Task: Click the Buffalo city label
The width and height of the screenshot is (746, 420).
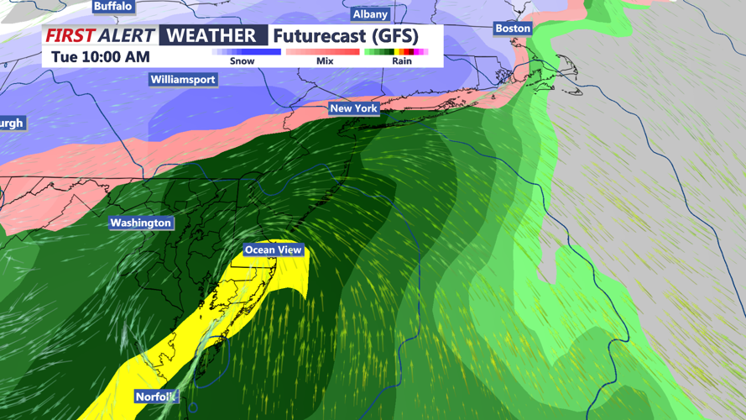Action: (112, 6)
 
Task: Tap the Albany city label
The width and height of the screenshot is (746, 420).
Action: (370, 14)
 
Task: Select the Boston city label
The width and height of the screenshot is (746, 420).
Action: (513, 29)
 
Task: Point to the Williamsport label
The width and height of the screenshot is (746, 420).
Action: (183, 80)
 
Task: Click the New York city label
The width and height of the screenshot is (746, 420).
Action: (353, 108)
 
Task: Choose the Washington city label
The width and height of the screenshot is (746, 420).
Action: (140, 223)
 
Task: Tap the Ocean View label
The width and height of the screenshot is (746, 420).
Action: (273, 250)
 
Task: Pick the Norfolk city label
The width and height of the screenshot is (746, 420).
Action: (156, 396)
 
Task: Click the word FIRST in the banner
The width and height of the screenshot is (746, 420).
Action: (70, 35)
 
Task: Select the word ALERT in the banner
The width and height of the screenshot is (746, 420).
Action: (126, 35)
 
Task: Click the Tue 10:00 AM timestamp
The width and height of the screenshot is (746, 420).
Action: (101, 57)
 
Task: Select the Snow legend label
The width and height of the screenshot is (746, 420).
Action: (242, 61)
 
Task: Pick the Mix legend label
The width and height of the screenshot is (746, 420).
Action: (325, 61)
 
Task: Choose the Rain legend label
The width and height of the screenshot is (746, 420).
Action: (402, 61)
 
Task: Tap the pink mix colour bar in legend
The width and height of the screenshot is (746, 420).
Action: (322, 52)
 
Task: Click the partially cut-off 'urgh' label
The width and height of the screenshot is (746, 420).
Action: (12, 123)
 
